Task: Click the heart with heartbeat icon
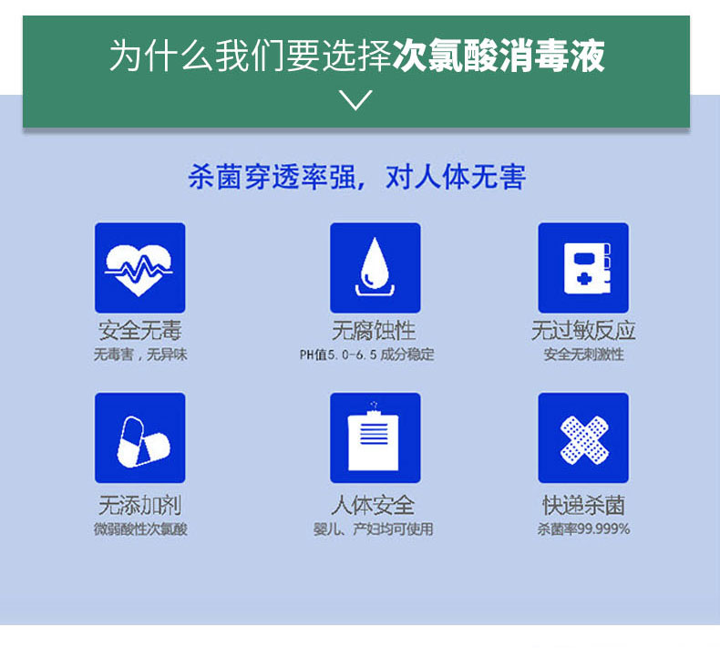tap(139, 268)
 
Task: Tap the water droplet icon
tap(375, 268)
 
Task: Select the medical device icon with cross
tap(583, 268)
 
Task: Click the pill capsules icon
tap(139, 437)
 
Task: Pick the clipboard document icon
tap(375, 437)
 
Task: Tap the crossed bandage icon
tap(583, 437)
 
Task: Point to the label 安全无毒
tap(140, 331)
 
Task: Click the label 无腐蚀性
tap(374, 331)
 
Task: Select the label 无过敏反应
tap(583, 331)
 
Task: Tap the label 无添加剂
tap(140, 506)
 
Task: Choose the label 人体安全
tap(373, 506)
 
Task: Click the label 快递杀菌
tap(583, 506)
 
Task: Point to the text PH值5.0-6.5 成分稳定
tap(367, 355)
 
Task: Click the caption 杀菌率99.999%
tap(583, 529)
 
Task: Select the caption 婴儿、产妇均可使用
tap(373, 529)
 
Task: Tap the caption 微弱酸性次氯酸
tap(140, 529)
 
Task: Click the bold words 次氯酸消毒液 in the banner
tap(499, 56)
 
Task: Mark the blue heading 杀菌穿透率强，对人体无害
tap(356, 177)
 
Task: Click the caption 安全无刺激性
tap(583, 355)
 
